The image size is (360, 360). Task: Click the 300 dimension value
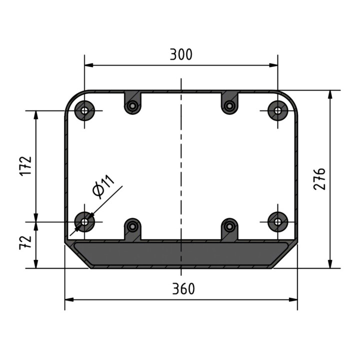click(181, 54)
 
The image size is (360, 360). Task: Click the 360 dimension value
click(183, 289)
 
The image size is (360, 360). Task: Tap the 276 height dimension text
click(319, 179)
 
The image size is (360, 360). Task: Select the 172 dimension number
click(25, 166)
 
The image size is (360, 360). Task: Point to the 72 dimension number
click(25, 242)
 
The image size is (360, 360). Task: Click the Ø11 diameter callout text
click(103, 186)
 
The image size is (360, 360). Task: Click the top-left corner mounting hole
click(84, 110)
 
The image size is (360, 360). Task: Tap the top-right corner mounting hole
click(278, 110)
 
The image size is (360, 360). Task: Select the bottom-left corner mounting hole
click(84, 222)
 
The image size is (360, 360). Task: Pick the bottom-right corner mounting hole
click(278, 222)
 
